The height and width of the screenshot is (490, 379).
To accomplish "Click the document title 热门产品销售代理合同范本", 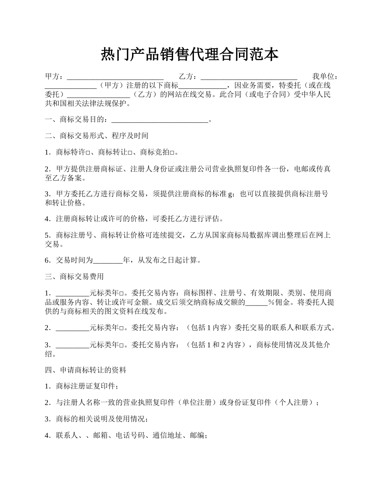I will tap(189, 54).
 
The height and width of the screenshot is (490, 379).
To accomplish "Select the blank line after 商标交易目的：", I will tap(160, 120).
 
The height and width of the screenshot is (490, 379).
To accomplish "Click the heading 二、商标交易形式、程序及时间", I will tap(97, 136).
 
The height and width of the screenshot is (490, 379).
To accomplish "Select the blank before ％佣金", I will tap(257, 302).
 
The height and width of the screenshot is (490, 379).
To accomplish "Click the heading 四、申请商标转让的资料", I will tap(86, 370).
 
